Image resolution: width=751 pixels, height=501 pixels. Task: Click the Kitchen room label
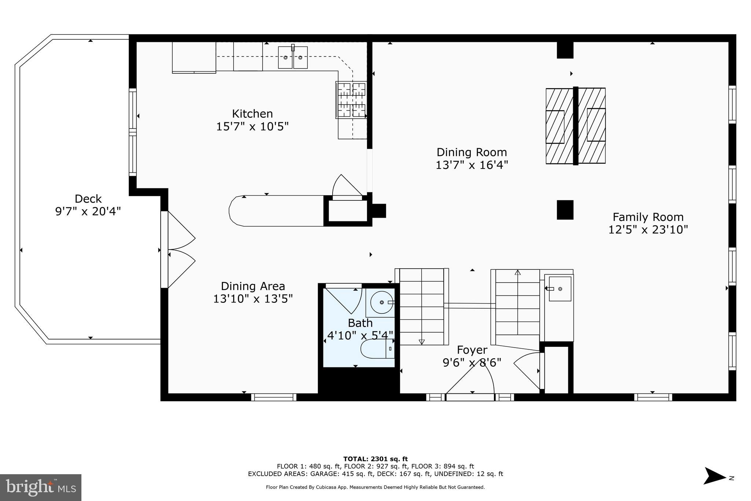[x=252, y=113]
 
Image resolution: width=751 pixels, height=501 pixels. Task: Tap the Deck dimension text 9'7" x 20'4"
[x=88, y=211]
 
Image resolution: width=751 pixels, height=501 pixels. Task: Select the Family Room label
[x=648, y=217]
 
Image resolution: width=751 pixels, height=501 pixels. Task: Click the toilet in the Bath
[x=377, y=349]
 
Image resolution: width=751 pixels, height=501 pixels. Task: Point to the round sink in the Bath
[x=381, y=302]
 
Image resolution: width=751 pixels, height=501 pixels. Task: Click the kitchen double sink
[x=293, y=58]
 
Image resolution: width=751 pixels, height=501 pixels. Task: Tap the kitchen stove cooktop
[x=351, y=100]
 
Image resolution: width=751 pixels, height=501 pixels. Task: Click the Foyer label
[x=472, y=350]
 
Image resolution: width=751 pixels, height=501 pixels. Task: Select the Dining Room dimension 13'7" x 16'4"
[x=472, y=165]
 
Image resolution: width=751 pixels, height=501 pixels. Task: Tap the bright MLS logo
[x=41, y=487]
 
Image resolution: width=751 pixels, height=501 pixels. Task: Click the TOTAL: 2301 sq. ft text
[x=375, y=459]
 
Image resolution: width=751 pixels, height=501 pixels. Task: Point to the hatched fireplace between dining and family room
[x=575, y=126]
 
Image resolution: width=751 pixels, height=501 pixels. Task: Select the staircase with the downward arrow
[x=422, y=307]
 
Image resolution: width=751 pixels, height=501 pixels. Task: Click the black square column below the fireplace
[x=565, y=210]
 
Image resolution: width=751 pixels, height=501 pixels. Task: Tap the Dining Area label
[x=253, y=286]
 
